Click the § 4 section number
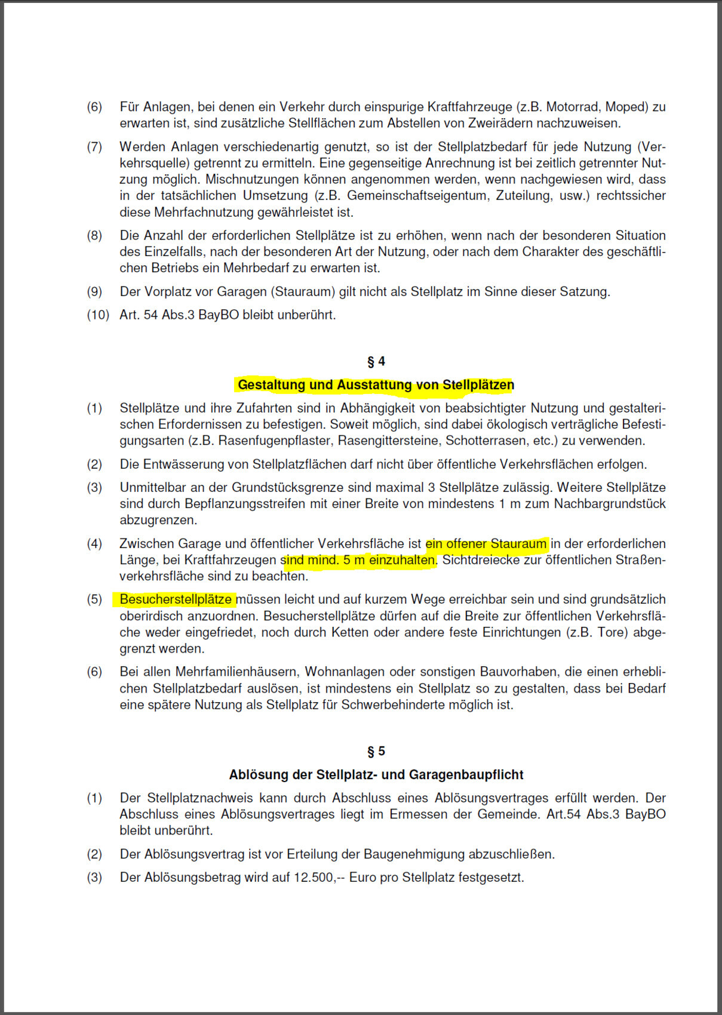point(376,361)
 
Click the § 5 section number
point(376,751)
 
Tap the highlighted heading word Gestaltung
point(271,385)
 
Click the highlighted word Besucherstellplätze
point(176,599)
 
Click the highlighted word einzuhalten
point(402,560)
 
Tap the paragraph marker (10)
point(98,315)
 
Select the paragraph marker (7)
point(94,147)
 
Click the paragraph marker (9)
point(94,291)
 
